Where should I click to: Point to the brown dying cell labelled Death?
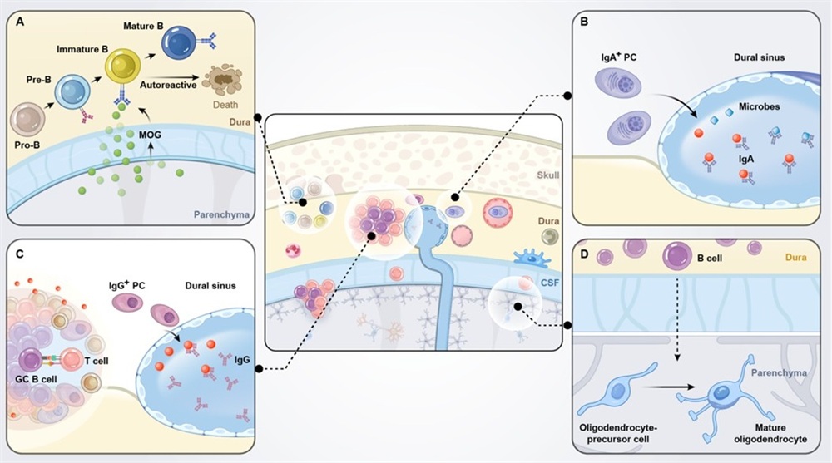(x=224, y=81)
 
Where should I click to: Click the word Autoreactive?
(x=165, y=85)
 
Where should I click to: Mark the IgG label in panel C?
(x=241, y=360)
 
